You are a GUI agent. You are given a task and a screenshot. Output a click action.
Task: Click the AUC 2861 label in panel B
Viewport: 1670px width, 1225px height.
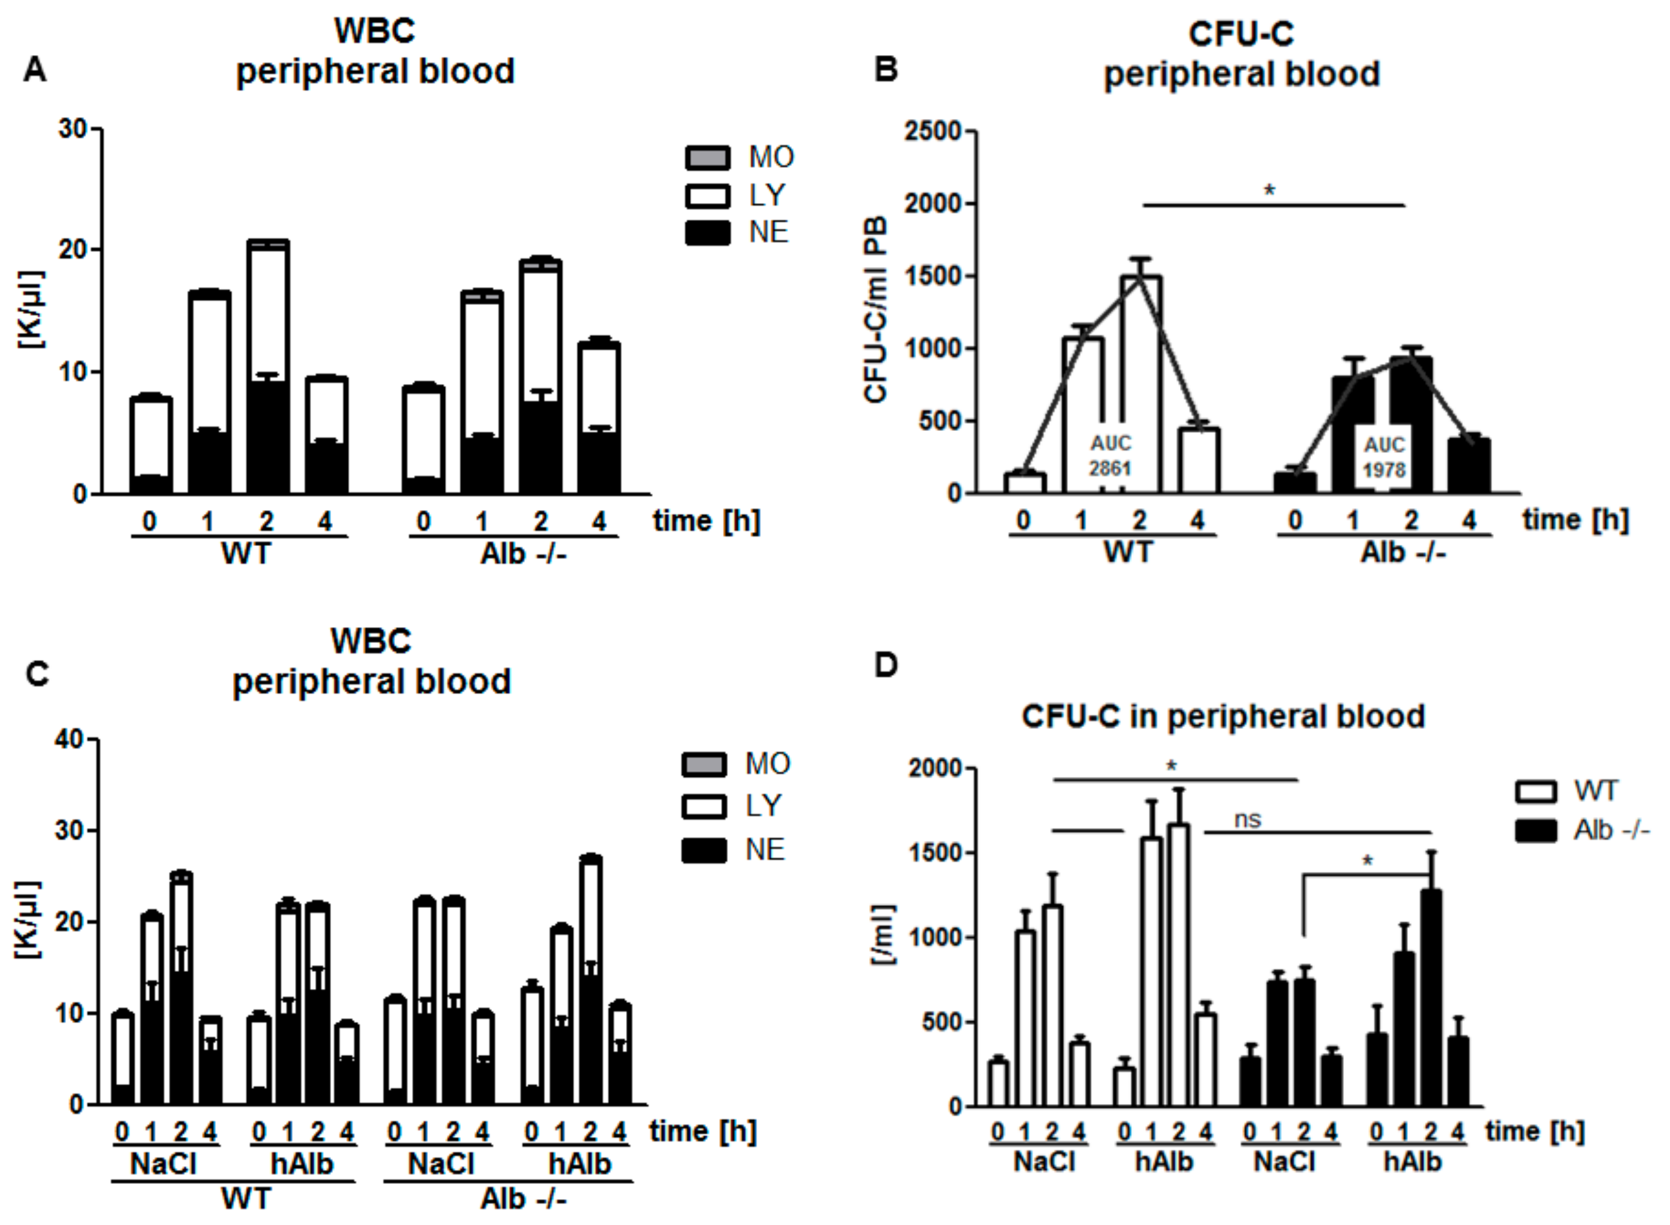point(1110,456)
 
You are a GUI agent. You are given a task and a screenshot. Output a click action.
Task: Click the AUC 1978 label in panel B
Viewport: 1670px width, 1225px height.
point(1384,457)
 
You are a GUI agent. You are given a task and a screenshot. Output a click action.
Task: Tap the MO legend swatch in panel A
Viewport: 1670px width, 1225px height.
point(707,157)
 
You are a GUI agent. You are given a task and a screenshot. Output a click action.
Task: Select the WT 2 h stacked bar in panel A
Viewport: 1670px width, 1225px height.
point(268,367)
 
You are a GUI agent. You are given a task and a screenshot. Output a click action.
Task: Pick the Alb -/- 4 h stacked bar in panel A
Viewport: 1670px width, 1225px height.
point(599,419)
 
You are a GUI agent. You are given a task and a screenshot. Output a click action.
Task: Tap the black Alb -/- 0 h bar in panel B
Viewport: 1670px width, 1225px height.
point(1295,483)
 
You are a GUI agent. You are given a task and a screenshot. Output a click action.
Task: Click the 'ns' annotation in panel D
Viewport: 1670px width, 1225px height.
point(1247,819)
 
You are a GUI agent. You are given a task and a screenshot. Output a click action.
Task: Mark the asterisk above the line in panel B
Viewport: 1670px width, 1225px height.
point(1269,191)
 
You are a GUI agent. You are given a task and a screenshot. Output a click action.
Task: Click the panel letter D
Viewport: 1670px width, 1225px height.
point(886,664)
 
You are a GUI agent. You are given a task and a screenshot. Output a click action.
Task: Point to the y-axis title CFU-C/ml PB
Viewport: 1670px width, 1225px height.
point(876,310)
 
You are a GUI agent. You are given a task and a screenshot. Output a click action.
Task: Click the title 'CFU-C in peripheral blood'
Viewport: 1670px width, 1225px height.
point(1222,716)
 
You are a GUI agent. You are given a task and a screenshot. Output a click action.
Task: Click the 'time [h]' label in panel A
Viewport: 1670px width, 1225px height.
point(706,521)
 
